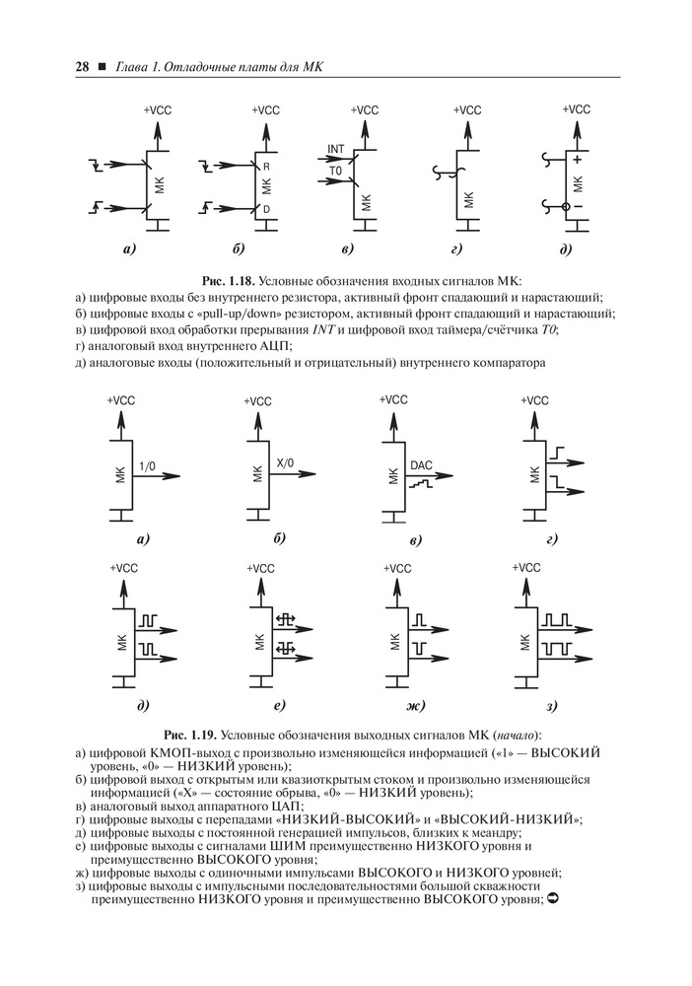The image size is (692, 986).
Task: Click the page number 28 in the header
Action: click(81, 67)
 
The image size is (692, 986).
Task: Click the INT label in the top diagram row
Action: click(335, 149)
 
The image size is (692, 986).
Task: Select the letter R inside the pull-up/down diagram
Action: click(265, 167)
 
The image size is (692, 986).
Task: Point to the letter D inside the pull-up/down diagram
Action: click(265, 209)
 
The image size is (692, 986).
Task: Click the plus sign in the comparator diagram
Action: click(577, 159)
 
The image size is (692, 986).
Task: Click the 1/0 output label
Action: click(149, 465)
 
